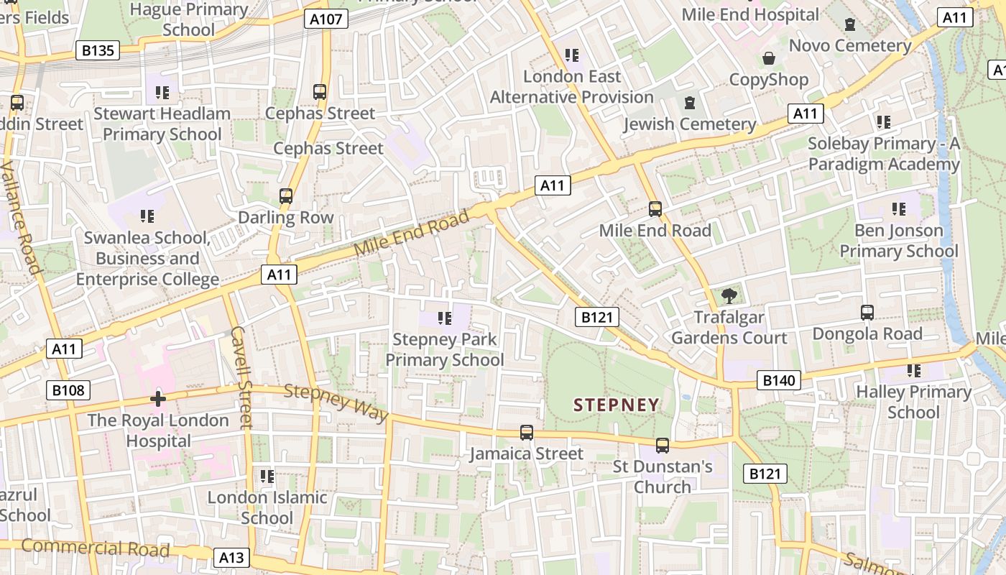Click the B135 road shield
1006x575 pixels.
click(97, 50)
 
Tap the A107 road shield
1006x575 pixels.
click(327, 19)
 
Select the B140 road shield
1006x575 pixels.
click(779, 380)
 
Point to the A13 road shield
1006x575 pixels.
click(231, 557)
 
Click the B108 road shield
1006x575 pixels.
click(69, 390)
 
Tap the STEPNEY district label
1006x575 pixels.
click(616, 405)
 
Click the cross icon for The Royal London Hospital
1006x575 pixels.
click(158, 399)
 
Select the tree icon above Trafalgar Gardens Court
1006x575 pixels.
click(729, 295)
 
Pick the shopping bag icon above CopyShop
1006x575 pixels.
click(769, 58)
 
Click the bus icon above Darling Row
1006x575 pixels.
click(286, 195)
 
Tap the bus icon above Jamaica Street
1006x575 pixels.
click(527, 432)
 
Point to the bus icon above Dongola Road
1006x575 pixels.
click(867, 313)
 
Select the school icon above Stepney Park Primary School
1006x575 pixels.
click(445, 318)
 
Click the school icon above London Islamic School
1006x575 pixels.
click(267, 476)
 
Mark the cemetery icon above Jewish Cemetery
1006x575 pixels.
click(690, 103)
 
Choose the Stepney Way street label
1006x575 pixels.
click(336, 402)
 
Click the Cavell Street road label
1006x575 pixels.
click(241, 377)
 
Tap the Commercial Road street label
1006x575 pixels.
click(95, 548)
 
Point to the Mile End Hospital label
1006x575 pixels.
click(750, 14)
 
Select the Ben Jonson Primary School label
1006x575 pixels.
click(898, 241)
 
